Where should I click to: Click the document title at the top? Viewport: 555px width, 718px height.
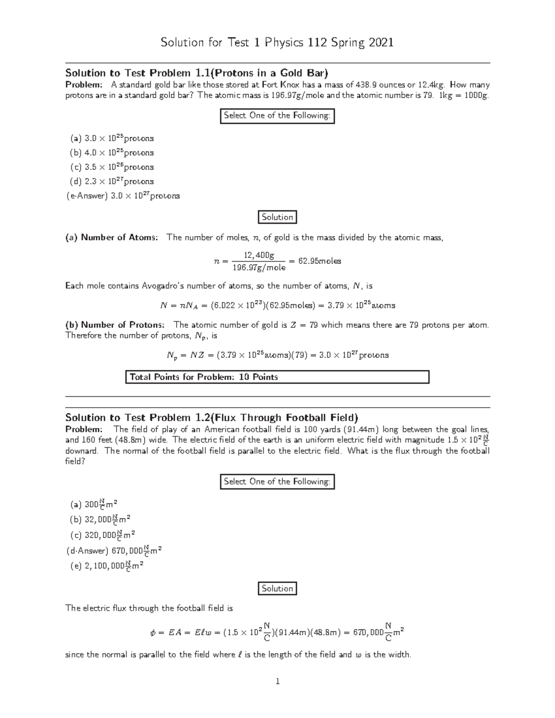[277, 43]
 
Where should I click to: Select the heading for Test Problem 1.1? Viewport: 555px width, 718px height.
[197, 73]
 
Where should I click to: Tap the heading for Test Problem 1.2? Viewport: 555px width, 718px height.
[211, 417]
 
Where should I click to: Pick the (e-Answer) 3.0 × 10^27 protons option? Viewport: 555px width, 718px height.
[123, 196]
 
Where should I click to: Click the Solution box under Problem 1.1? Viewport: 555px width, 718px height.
[277, 217]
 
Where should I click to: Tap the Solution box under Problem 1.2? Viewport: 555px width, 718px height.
[277, 589]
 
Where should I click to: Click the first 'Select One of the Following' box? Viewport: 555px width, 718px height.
[277, 116]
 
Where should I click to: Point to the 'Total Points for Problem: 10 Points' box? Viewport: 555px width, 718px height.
[277, 377]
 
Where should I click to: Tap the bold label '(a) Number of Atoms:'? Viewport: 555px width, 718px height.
[111, 238]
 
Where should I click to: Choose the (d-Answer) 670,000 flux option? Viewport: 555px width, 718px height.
[114, 551]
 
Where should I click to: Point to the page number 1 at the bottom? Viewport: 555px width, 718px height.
[277, 681]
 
